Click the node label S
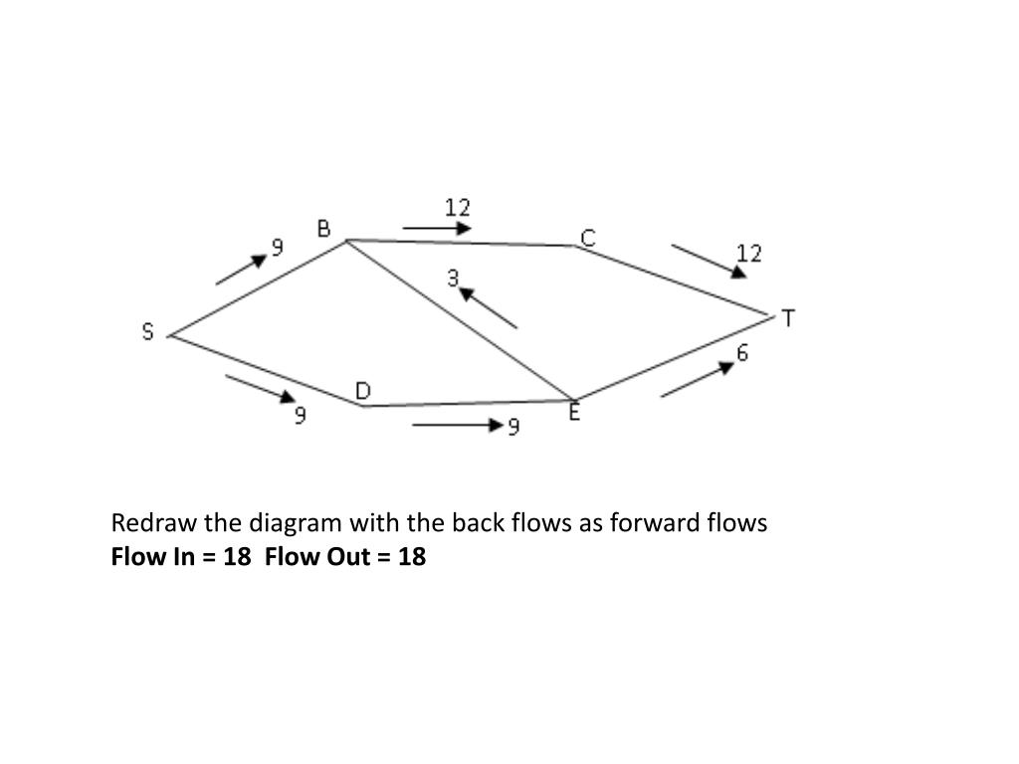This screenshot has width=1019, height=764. (x=148, y=332)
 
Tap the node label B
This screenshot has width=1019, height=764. (x=323, y=229)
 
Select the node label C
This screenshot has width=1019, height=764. (x=588, y=237)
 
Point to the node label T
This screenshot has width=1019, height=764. (x=788, y=318)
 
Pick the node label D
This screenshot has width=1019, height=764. (x=363, y=392)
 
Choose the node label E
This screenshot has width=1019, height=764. (x=574, y=412)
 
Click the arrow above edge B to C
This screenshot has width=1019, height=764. (x=437, y=229)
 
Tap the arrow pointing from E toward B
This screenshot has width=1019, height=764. (x=488, y=307)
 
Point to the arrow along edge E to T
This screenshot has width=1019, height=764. (x=697, y=379)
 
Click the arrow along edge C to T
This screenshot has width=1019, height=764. (x=708, y=260)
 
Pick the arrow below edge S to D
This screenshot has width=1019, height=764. (x=261, y=388)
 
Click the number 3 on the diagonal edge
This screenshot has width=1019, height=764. (x=453, y=279)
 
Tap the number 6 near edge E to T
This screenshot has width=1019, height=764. (x=742, y=353)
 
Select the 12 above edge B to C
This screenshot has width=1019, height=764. (x=457, y=207)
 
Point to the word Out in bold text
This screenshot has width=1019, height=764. (x=355, y=556)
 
